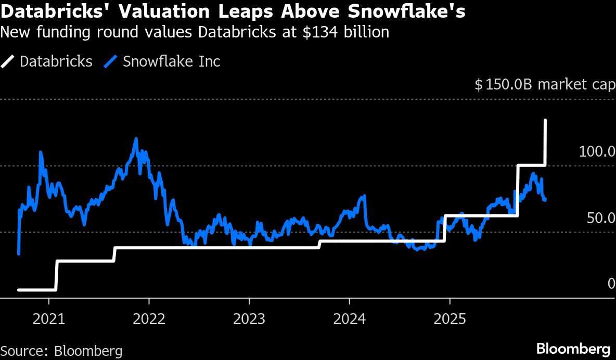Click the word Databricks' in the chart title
pyautogui.click(x=56, y=11)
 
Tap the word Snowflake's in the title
pyautogui.click(x=407, y=11)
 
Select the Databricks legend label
pyautogui.click(x=56, y=61)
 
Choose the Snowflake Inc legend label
pyautogui.click(x=171, y=61)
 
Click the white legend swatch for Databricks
pyautogui.click(x=7, y=62)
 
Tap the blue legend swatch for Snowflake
pyautogui.click(x=110, y=62)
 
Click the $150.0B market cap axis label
pyautogui.click(x=545, y=84)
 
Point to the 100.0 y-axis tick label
pyautogui.click(x=597, y=151)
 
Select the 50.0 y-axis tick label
pyautogui.click(x=601, y=218)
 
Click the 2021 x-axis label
pyautogui.click(x=49, y=319)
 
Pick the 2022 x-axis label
pyautogui.click(x=149, y=319)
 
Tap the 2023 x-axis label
pyautogui.click(x=249, y=319)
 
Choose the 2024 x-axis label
pyautogui.click(x=349, y=319)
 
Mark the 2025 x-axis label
pyautogui.click(x=450, y=319)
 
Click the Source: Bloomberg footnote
pyautogui.click(x=61, y=351)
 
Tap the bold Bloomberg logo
pyautogui.click(x=573, y=349)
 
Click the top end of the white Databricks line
pyautogui.click(x=545, y=120)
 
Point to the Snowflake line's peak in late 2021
pyautogui.click(x=136, y=139)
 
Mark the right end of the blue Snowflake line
pyautogui.click(x=545, y=200)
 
